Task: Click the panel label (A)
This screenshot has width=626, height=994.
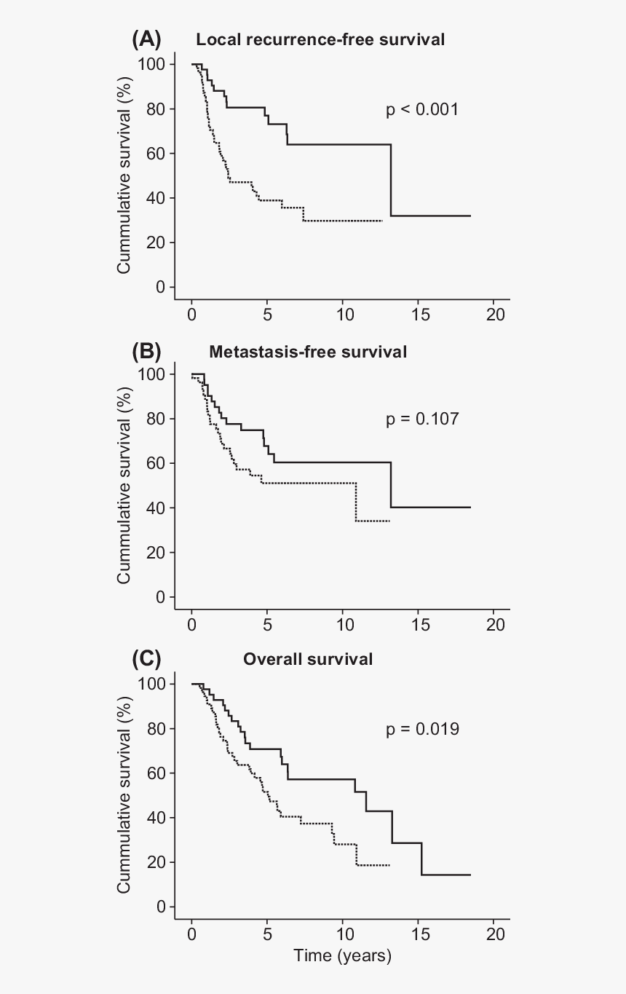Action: [146, 39]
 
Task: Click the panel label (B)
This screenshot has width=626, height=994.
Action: [146, 351]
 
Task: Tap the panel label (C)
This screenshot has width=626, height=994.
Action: [146, 659]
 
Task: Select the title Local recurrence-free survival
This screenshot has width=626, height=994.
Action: [320, 40]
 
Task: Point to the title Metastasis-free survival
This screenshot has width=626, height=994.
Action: [308, 352]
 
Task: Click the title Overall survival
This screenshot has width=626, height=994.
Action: [308, 660]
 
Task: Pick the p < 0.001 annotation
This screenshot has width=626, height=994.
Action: [422, 110]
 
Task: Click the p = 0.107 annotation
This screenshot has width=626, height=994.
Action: [422, 419]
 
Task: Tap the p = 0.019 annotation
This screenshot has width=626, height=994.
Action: [422, 729]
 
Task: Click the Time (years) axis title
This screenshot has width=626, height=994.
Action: [342, 955]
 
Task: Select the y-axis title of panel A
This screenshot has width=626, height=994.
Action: [124, 175]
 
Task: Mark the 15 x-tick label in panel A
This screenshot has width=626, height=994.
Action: [418, 315]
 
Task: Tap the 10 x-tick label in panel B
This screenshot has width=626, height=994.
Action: [342, 625]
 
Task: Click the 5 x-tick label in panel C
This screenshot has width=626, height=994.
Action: [267, 934]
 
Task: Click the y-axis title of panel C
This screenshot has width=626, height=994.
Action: [124, 794]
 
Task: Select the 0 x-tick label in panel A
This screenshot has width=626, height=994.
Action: [191, 315]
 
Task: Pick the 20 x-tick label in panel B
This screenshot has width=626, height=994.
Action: [494, 625]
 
